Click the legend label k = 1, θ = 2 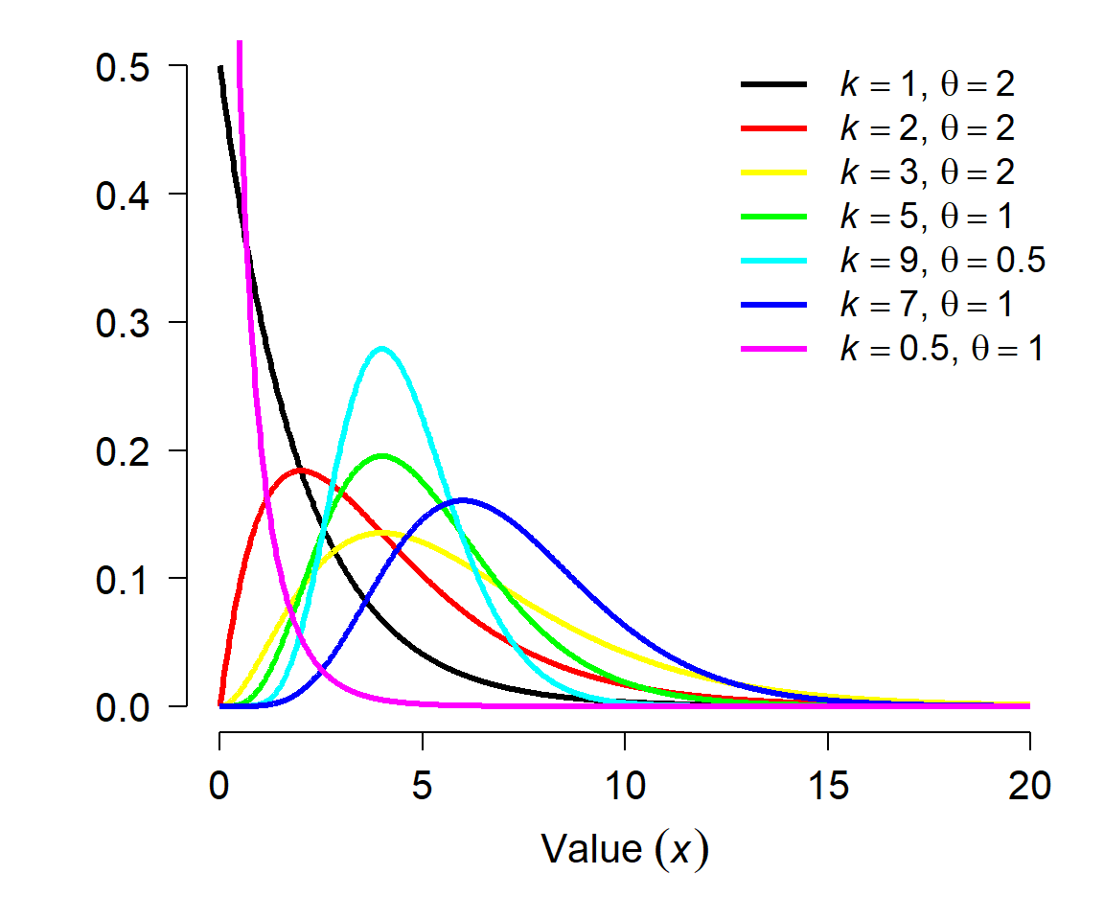(928, 84)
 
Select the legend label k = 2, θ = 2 (928, 128)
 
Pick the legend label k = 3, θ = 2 (928, 172)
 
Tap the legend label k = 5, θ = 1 (926, 216)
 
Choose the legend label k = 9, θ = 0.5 (943, 261)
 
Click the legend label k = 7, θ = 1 (926, 304)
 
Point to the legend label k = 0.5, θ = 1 (941, 349)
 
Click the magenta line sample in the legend (773, 349)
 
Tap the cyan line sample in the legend (773, 261)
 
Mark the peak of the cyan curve (381, 348)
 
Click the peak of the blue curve (463, 499)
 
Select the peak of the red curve (301, 470)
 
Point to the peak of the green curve (381, 455)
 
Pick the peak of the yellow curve (381, 532)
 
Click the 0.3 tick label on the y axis (123, 323)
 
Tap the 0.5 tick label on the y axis (123, 68)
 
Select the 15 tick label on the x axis (828, 786)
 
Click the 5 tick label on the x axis (422, 786)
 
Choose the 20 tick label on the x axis (1029, 786)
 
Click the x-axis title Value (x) (625, 849)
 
